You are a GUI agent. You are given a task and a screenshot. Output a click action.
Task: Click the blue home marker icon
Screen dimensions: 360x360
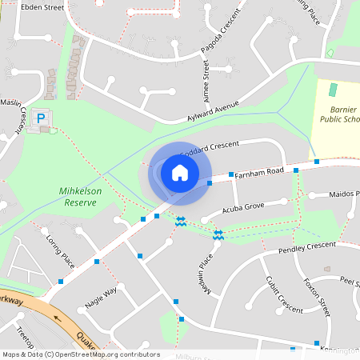click(x=180, y=172)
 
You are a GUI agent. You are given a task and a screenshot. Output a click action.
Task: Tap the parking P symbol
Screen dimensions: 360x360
click(x=41, y=122)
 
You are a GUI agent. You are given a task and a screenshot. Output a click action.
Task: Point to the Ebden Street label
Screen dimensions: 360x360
click(x=42, y=7)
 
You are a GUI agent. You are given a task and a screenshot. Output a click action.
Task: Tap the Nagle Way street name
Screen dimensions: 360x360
click(x=101, y=298)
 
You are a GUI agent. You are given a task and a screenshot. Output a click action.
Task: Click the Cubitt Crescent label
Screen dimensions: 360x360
click(x=283, y=295)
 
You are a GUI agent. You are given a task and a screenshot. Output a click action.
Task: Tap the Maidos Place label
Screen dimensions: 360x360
click(x=339, y=194)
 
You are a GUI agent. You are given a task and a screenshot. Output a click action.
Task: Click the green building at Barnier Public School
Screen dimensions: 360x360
click(x=333, y=90)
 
